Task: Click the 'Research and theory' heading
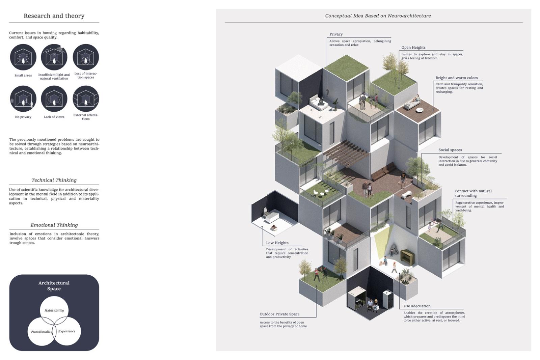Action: tap(54, 16)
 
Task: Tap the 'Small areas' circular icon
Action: tap(23, 57)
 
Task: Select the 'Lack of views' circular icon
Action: tap(54, 99)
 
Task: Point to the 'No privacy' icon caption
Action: tap(23, 117)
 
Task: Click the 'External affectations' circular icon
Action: tap(86, 99)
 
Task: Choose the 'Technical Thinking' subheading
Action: tap(54, 180)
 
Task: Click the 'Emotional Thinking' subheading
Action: tap(54, 225)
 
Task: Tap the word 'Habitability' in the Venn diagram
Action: tap(54, 310)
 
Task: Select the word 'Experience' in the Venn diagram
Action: tap(67, 331)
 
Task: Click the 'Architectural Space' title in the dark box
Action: tap(54, 286)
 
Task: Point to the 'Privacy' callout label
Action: tap(336, 34)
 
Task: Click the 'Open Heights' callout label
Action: tap(413, 48)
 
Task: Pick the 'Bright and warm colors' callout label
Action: tap(456, 78)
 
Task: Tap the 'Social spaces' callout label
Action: tap(450, 150)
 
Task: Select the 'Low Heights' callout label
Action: tap(277, 243)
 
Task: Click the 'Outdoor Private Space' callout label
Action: tap(279, 314)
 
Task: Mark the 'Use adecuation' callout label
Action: tap(417, 306)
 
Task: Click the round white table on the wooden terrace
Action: tap(420, 110)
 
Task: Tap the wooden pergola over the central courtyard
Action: tap(346, 154)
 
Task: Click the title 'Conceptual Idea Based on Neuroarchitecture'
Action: tap(378, 16)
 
